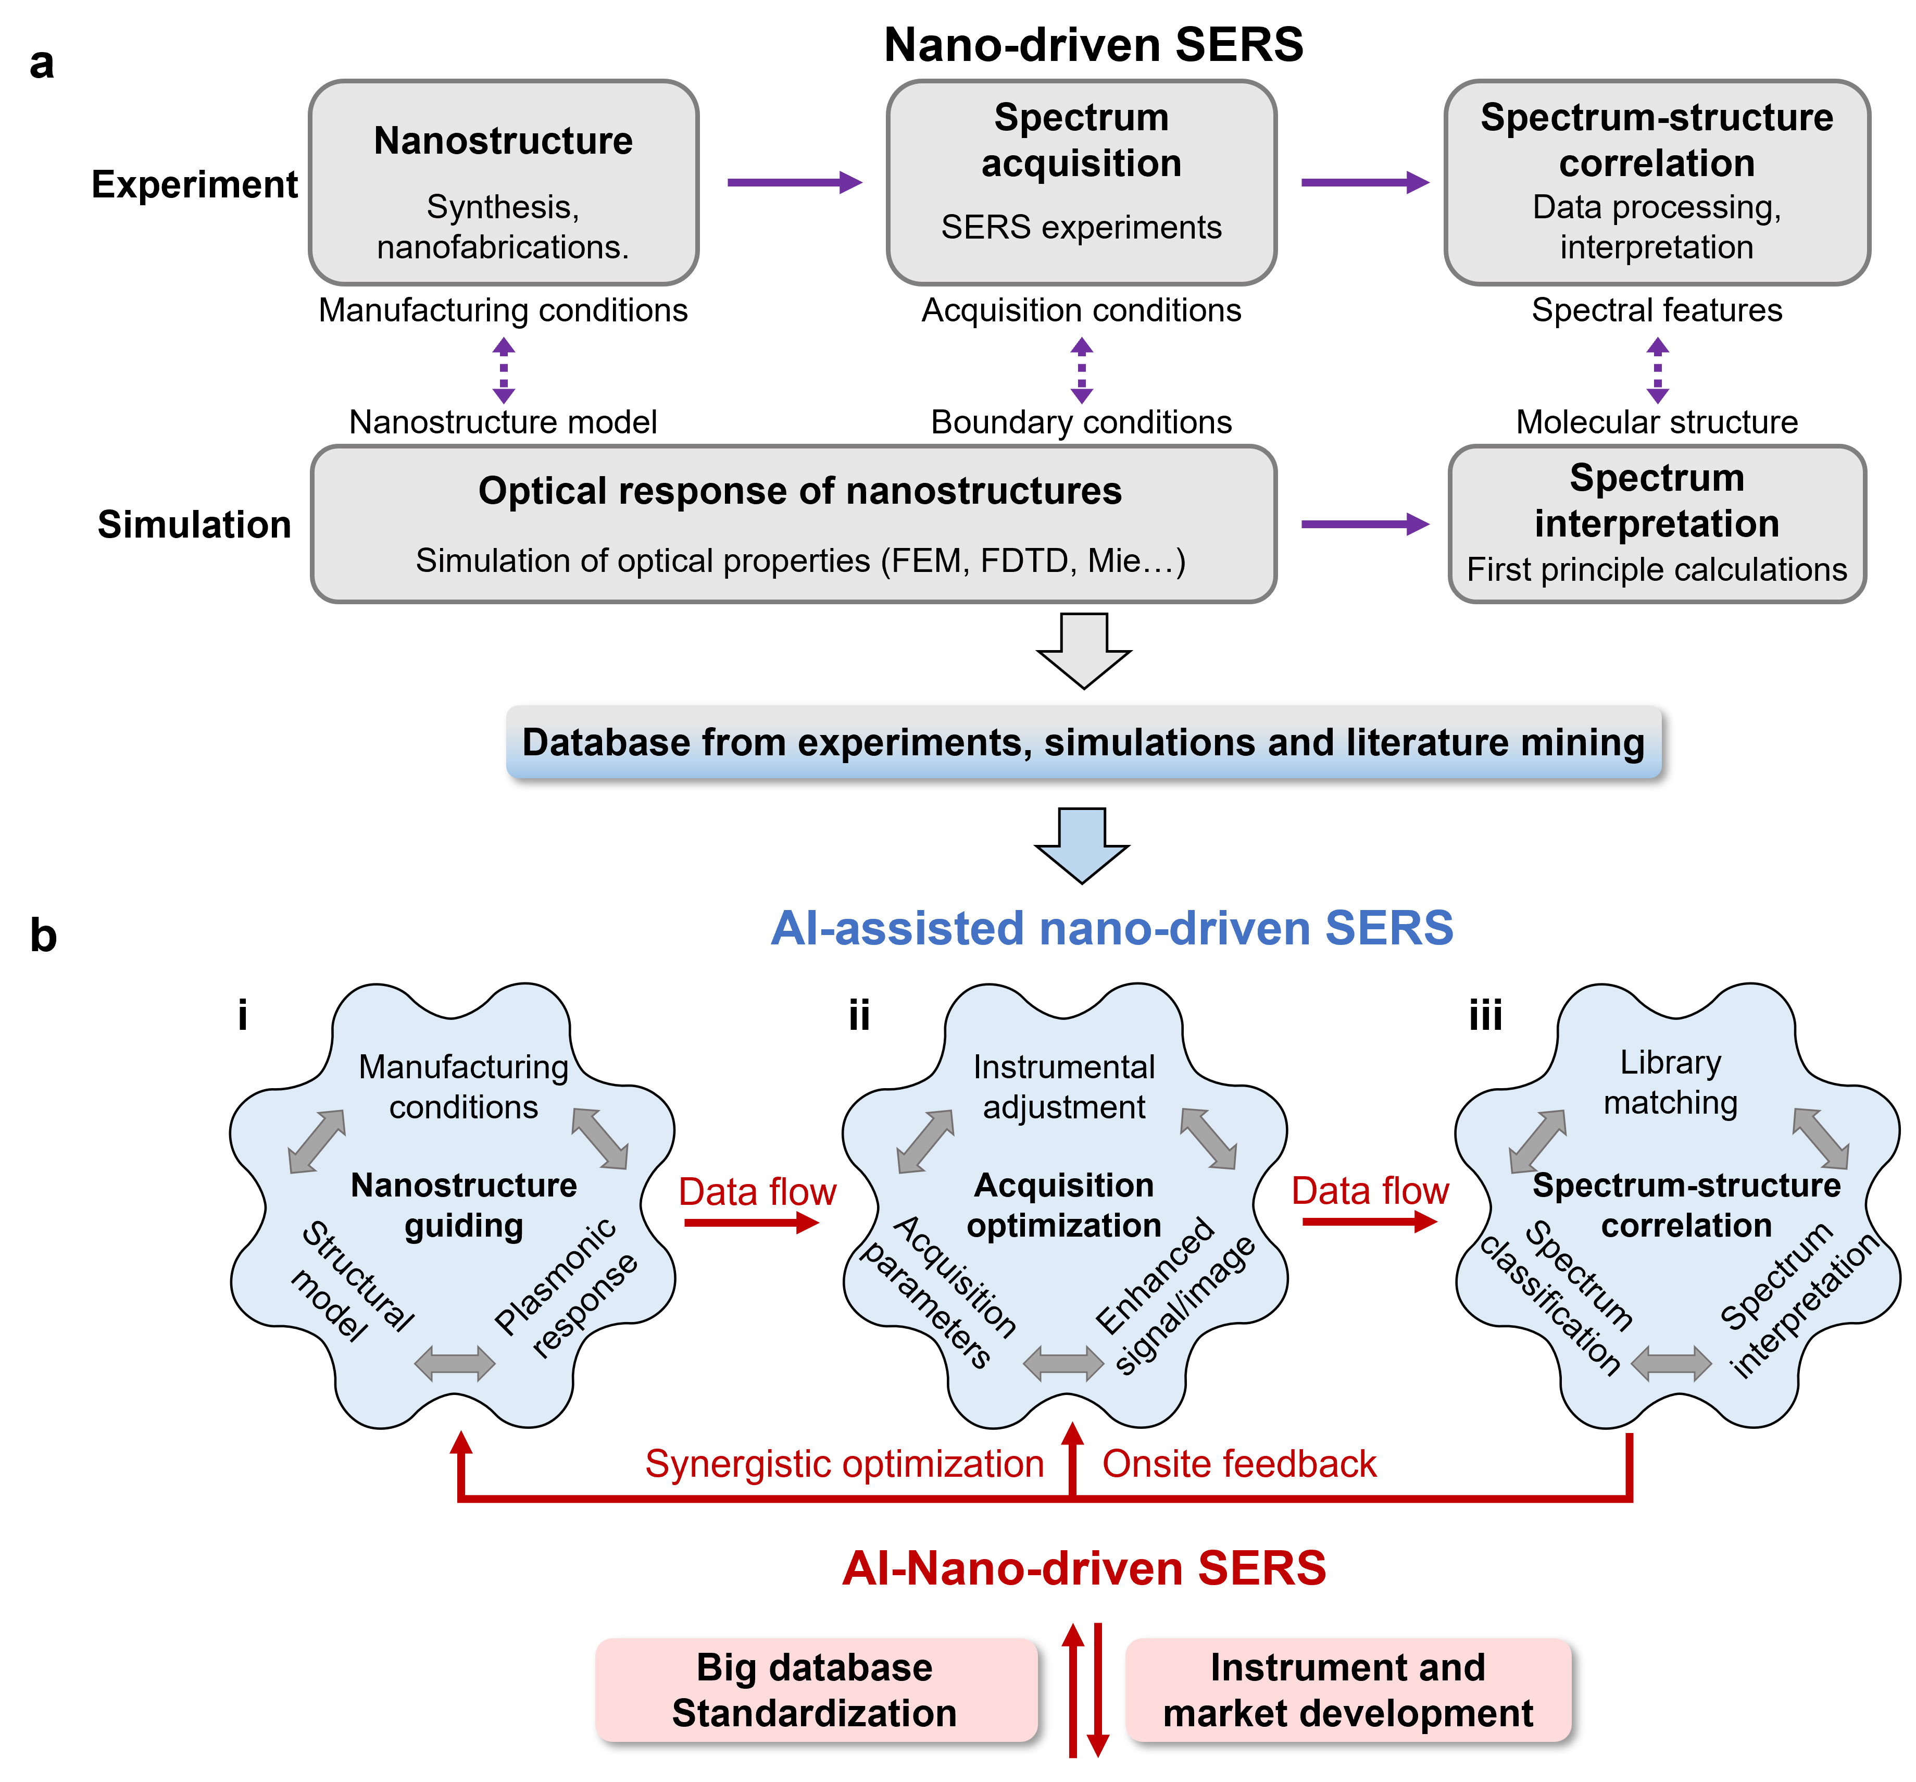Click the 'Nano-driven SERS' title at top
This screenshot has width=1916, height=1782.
(1093, 45)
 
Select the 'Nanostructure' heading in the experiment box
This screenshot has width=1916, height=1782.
(503, 141)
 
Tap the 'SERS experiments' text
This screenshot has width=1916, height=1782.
(1081, 228)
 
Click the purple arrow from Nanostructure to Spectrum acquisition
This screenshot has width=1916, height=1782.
(793, 182)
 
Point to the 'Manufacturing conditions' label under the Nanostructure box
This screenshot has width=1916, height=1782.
(503, 310)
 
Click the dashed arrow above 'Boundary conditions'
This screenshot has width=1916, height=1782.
(1081, 369)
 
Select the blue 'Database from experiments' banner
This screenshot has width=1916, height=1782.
(1083, 742)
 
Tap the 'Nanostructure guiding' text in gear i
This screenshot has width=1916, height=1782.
(464, 1205)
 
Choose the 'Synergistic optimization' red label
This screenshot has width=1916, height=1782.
(844, 1463)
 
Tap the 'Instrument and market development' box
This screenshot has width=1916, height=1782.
(1347, 1689)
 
